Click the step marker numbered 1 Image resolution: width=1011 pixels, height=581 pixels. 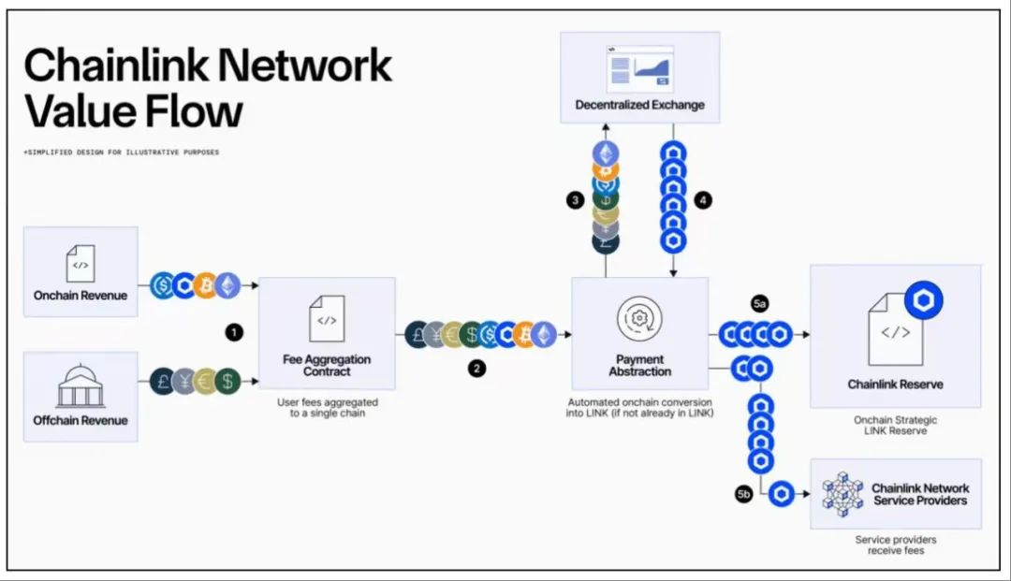234,331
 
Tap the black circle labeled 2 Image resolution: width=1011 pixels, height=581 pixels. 477,369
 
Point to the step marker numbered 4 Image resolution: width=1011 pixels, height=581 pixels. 703,200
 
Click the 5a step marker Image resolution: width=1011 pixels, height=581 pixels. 759,303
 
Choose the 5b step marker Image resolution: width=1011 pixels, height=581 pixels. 744,494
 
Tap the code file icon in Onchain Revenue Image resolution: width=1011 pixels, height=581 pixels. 81,264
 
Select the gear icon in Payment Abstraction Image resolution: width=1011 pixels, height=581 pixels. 639,318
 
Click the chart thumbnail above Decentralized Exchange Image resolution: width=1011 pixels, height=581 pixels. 639,67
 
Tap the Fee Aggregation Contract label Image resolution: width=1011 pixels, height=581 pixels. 326,365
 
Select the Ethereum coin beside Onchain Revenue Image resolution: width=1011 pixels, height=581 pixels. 227,284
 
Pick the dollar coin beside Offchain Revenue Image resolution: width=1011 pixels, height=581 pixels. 227,381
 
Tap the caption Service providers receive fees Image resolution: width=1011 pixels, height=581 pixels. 895,545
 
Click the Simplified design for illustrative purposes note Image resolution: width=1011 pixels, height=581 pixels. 122,152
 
